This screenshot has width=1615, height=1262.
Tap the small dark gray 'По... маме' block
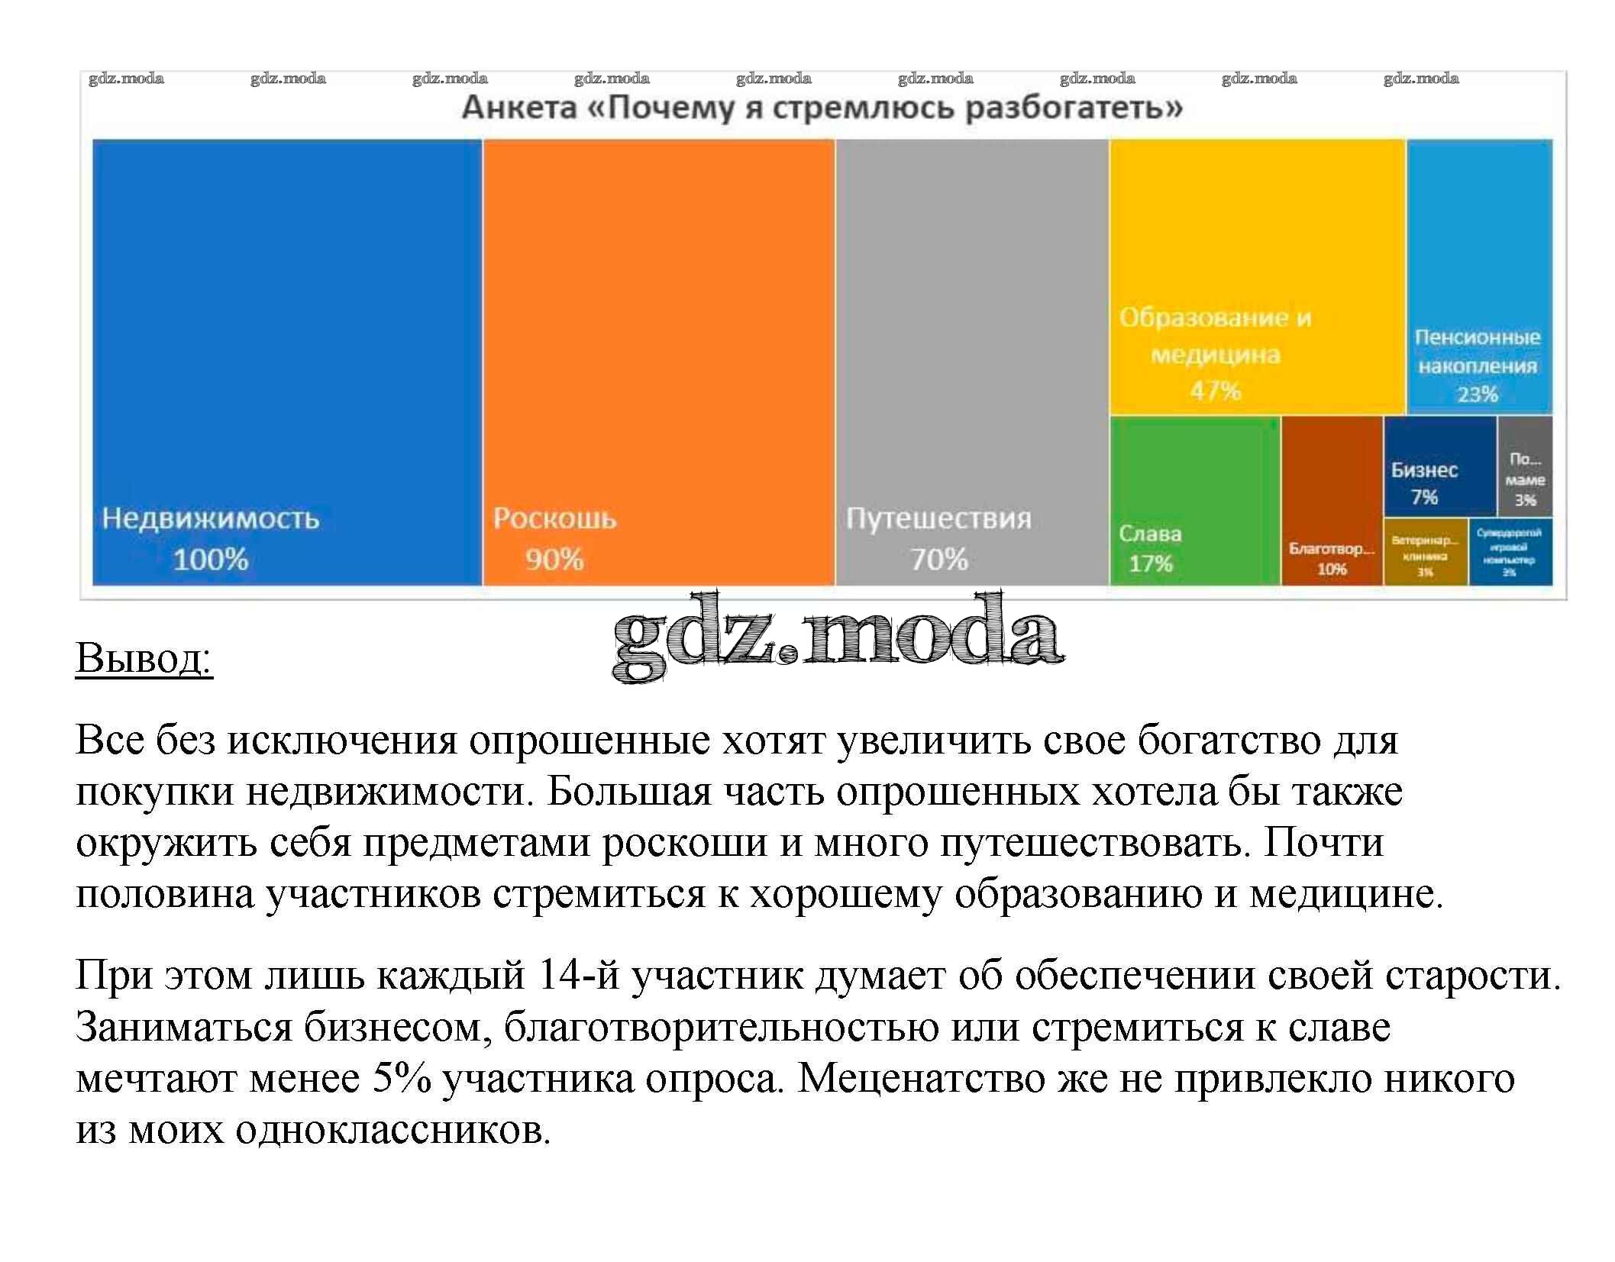click(1525, 466)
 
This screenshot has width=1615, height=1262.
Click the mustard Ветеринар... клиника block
click(1426, 551)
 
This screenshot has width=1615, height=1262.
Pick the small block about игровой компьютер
click(1510, 551)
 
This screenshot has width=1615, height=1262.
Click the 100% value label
click(211, 560)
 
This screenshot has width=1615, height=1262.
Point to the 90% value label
click(554, 560)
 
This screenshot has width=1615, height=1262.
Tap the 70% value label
click(939, 560)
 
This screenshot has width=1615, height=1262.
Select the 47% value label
click(1216, 391)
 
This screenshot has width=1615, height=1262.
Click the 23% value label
click(1478, 394)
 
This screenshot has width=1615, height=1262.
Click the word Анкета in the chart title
click(519, 108)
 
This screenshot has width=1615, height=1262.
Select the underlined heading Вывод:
click(144, 657)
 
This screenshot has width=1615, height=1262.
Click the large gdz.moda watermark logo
click(838, 637)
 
